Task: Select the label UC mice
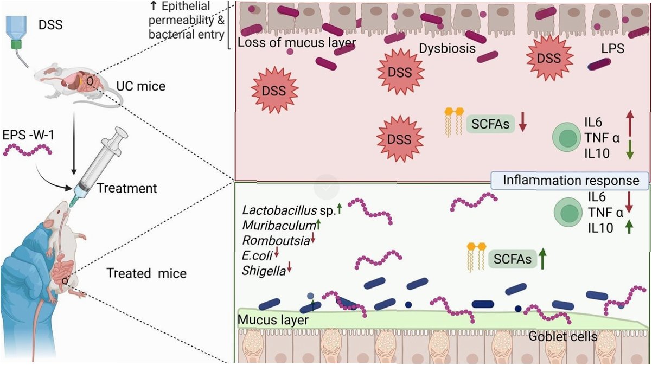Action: click(x=140, y=86)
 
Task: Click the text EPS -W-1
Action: click(x=28, y=135)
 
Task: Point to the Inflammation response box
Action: click(x=571, y=181)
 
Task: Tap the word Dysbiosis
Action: click(x=447, y=49)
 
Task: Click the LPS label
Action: click(x=613, y=49)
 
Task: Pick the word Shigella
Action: click(x=264, y=271)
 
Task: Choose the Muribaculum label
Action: click(x=279, y=225)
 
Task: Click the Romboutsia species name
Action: click(x=276, y=240)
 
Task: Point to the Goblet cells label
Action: click(x=563, y=336)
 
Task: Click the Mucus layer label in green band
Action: click(x=273, y=320)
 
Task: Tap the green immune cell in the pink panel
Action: click(x=565, y=138)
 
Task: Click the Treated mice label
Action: click(x=146, y=273)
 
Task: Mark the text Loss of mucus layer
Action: click(x=297, y=43)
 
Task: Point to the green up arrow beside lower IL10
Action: click(x=629, y=227)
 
